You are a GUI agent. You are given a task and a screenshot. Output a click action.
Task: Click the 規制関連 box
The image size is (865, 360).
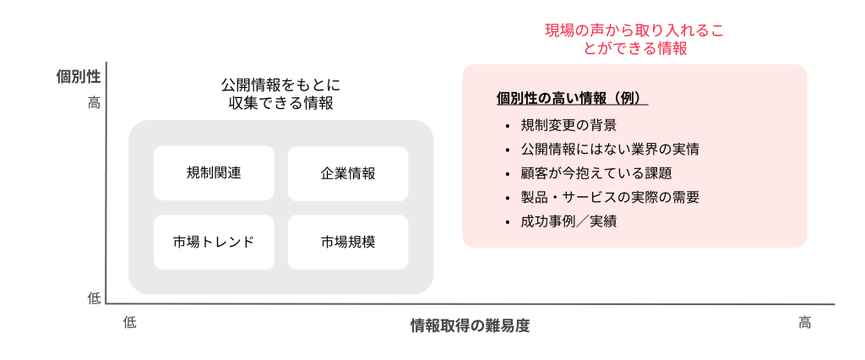point(214,173)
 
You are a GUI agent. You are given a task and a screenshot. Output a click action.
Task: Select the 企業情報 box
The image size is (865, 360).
point(348,173)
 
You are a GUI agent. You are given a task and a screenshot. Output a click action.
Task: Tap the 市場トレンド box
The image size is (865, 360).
point(214,243)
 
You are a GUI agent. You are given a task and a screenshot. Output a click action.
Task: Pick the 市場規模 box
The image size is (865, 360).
point(348,243)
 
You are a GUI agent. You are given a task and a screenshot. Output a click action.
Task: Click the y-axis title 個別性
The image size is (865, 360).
point(79,77)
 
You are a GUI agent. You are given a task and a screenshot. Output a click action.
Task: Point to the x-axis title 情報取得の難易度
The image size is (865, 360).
point(470,325)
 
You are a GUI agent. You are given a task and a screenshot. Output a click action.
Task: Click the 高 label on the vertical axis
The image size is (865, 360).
point(95,103)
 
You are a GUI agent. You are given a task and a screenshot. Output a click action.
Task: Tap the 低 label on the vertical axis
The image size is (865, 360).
point(95,298)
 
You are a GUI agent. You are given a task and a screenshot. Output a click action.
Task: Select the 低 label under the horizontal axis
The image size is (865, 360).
point(129,323)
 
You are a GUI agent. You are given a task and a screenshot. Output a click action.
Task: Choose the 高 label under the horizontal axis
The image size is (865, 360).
point(805,323)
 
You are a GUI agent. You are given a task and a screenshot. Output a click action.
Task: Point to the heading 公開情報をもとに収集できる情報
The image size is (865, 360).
point(280,94)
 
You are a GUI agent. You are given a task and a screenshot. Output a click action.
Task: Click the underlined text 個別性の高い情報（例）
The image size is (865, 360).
point(572,98)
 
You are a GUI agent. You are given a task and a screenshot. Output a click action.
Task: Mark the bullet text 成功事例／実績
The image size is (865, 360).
point(569,221)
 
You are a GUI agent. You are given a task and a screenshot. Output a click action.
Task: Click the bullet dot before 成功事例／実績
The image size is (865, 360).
point(507,222)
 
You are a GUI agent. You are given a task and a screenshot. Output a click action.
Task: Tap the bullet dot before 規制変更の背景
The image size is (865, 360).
point(507,126)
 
